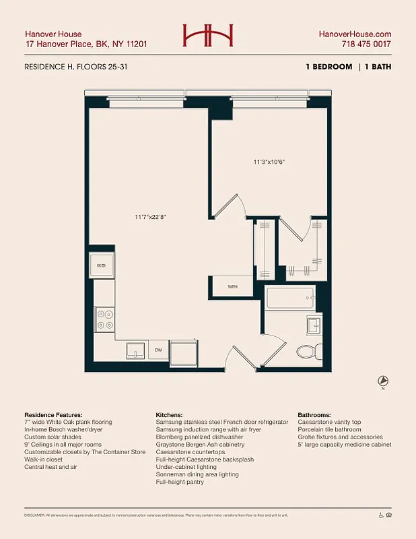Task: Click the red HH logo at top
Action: tap(208, 36)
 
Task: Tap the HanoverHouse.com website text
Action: tap(354, 34)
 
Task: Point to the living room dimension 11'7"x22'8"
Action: tap(150, 217)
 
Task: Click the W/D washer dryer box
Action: tap(102, 266)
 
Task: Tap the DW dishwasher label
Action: tap(159, 350)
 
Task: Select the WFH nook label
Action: tap(232, 286)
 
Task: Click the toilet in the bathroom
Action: tap(308, 351)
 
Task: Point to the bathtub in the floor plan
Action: tap(289, 298)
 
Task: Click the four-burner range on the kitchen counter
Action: tap(105, 319)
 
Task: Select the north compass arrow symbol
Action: tap(383, 381)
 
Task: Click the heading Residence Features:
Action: tap(53, 414)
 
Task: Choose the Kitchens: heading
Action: tap(172, 414)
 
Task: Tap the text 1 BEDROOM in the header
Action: tap(328, 67)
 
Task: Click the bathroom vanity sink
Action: tap(314, 327)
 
